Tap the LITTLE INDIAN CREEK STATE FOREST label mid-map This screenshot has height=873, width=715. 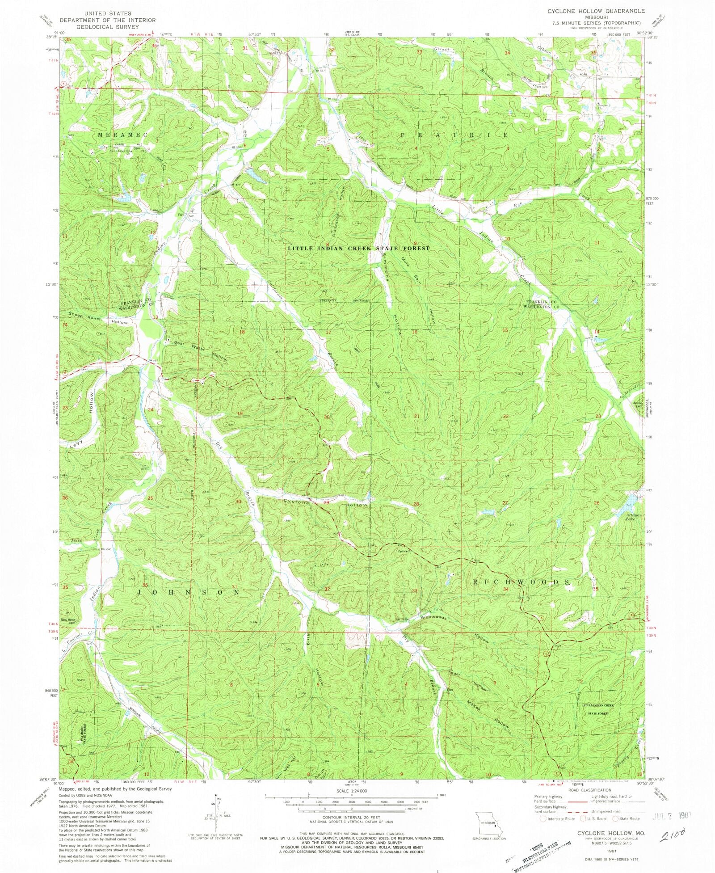click(358, 249)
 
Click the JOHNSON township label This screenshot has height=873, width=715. click(188, 592)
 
